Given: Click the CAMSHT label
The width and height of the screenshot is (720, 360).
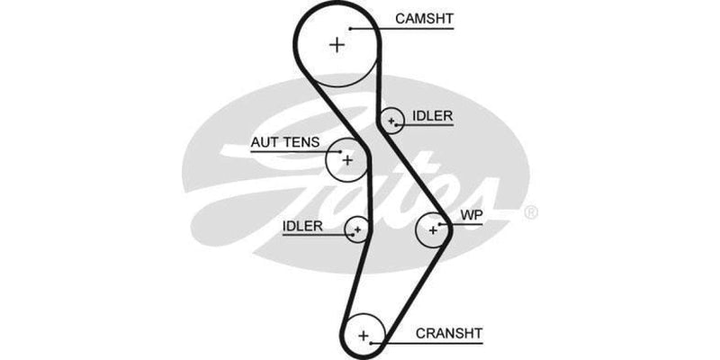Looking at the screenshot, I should [x=423, y=18].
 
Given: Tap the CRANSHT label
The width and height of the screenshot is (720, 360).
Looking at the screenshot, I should [x=449, y=331].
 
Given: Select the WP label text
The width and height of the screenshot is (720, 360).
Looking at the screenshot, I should [x=472, y=216].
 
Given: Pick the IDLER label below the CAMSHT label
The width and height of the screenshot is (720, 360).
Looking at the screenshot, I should [x=432, y=116].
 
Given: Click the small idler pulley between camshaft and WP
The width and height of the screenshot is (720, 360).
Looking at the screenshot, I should [x=391, y=120].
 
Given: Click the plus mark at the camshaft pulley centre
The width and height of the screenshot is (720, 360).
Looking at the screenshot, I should [x=337, y=43].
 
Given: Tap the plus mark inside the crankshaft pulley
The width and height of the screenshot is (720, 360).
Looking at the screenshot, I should [x=364, y=336].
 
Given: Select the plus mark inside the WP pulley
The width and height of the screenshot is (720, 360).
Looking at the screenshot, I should [x=433, y=230].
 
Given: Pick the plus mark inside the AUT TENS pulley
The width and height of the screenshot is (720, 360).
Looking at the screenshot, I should [x=348, y=160].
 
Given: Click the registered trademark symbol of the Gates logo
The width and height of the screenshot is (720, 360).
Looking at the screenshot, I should [x=531, y=213].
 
